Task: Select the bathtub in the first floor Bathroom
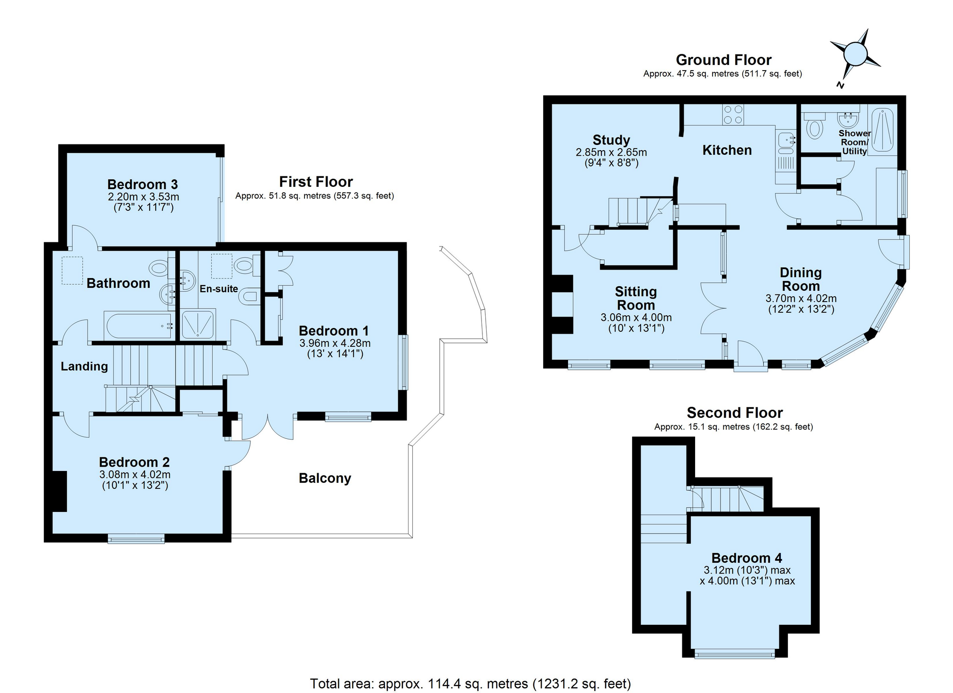[139, 325]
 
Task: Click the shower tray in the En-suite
[198, 323]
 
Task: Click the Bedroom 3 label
[143, 184]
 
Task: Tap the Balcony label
[325, 478]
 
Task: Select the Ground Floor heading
[723, 60]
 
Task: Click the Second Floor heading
[735, 413]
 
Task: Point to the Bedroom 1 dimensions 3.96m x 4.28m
[335, 343]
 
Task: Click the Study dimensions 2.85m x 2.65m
[611, 152]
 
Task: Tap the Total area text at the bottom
[471, 683]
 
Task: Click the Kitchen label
[727, 150]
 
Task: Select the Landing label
[84, 366]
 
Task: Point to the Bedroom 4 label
[747, 558]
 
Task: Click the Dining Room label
[801, 279]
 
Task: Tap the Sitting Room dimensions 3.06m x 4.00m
[636, 318]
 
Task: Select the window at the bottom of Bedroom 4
[735, 653]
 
